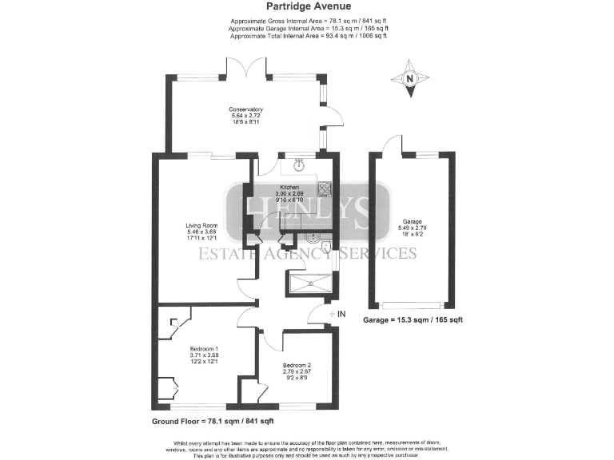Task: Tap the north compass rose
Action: (x=409, y=78)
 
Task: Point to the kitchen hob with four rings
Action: (x=325, y=189)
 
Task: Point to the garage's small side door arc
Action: (x=389, y=144)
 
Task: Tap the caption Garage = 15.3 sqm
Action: (x=413, y=319)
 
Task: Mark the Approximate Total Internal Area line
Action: (x=309, y=36)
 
